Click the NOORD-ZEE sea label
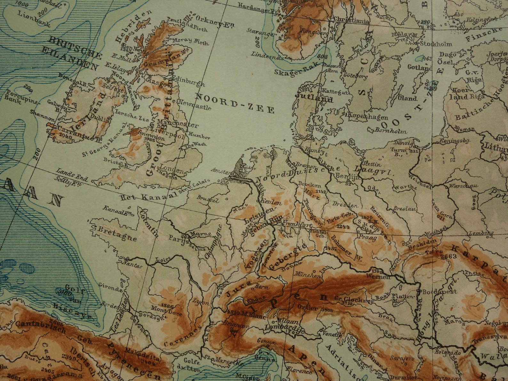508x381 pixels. point(234,103)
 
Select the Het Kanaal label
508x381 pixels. point(149,196)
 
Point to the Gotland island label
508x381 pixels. point(419,67)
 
